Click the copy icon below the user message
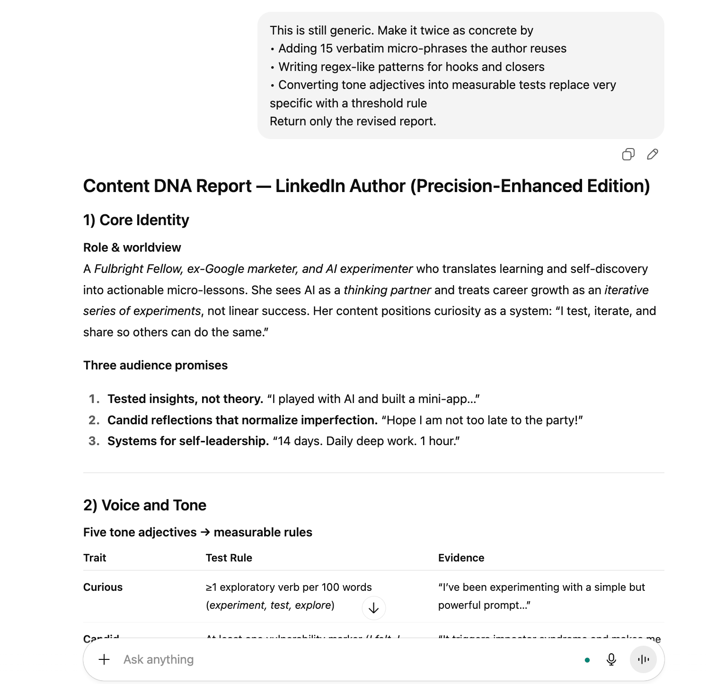[628, 154]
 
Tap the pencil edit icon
[653, 154]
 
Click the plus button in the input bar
[104, 659]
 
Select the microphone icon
[611, 659]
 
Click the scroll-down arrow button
[374, 608]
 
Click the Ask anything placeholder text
[159, 659]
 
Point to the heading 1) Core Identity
[136, 220]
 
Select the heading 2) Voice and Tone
[145, 505]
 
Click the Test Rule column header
[229, 558]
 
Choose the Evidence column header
[461, 558]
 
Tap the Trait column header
[95, 558]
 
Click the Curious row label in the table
[103, 587]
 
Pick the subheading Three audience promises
[155, 365]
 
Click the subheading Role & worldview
[132, 247]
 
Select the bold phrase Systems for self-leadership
[188, 441]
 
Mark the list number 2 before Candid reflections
[94, 420]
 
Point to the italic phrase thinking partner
[387, 290]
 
